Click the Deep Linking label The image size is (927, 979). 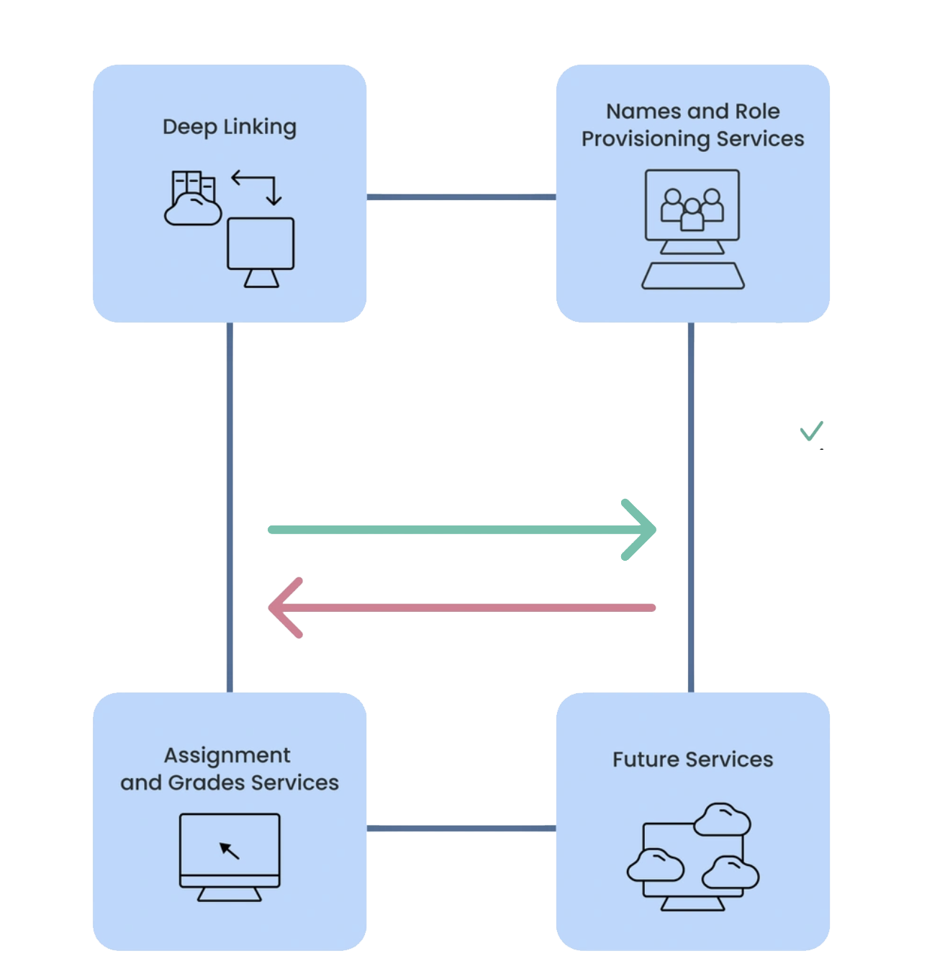coord(229,127)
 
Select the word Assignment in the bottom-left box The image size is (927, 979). coord(227,755)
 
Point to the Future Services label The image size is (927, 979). coord(692,759)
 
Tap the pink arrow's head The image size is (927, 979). coord(282,608)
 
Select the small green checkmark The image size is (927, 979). coord(811,430)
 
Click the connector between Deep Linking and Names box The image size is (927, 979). coord(461,197)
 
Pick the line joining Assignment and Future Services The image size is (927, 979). coord(461,828)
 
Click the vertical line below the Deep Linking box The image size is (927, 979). coord(230,504)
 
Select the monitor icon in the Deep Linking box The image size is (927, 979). coord(261,251)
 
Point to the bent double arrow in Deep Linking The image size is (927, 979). coord(257,186)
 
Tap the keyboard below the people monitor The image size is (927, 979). coord(692,276)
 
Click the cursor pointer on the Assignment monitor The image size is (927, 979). coord(229,850)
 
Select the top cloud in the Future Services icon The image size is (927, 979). coord(722,820)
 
